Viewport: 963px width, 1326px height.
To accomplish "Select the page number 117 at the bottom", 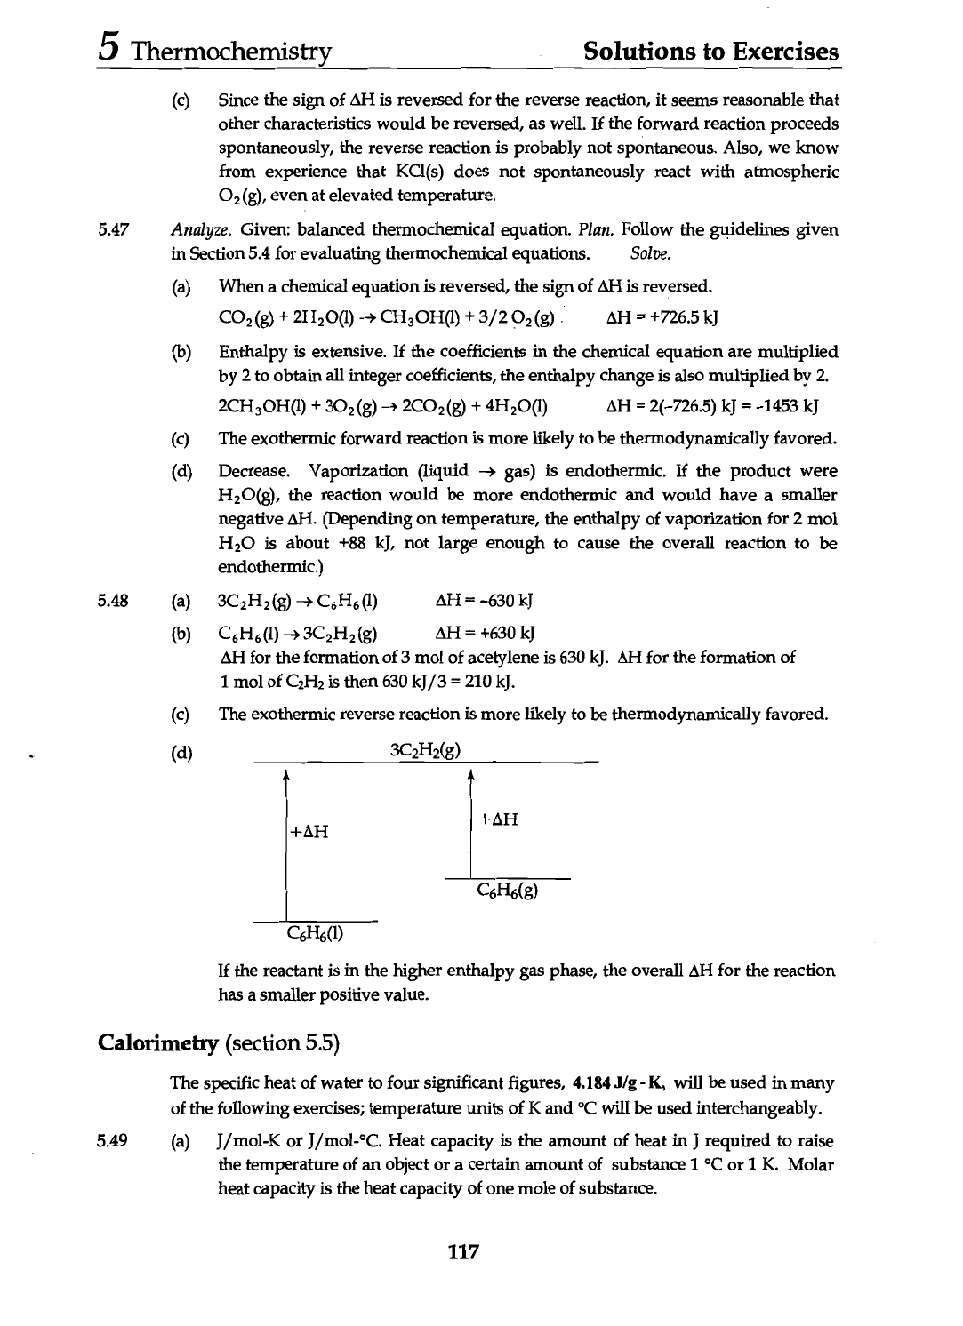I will click(464, 1252).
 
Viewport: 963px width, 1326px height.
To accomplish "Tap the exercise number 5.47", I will click(115, 230).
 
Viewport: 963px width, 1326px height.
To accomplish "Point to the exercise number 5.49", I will click(115, 1140).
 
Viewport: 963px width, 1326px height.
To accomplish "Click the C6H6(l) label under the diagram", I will click(316, 934).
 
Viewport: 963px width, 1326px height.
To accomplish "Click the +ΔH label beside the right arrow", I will click(498, 819).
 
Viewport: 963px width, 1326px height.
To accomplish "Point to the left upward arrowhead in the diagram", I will click(285, 777).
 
